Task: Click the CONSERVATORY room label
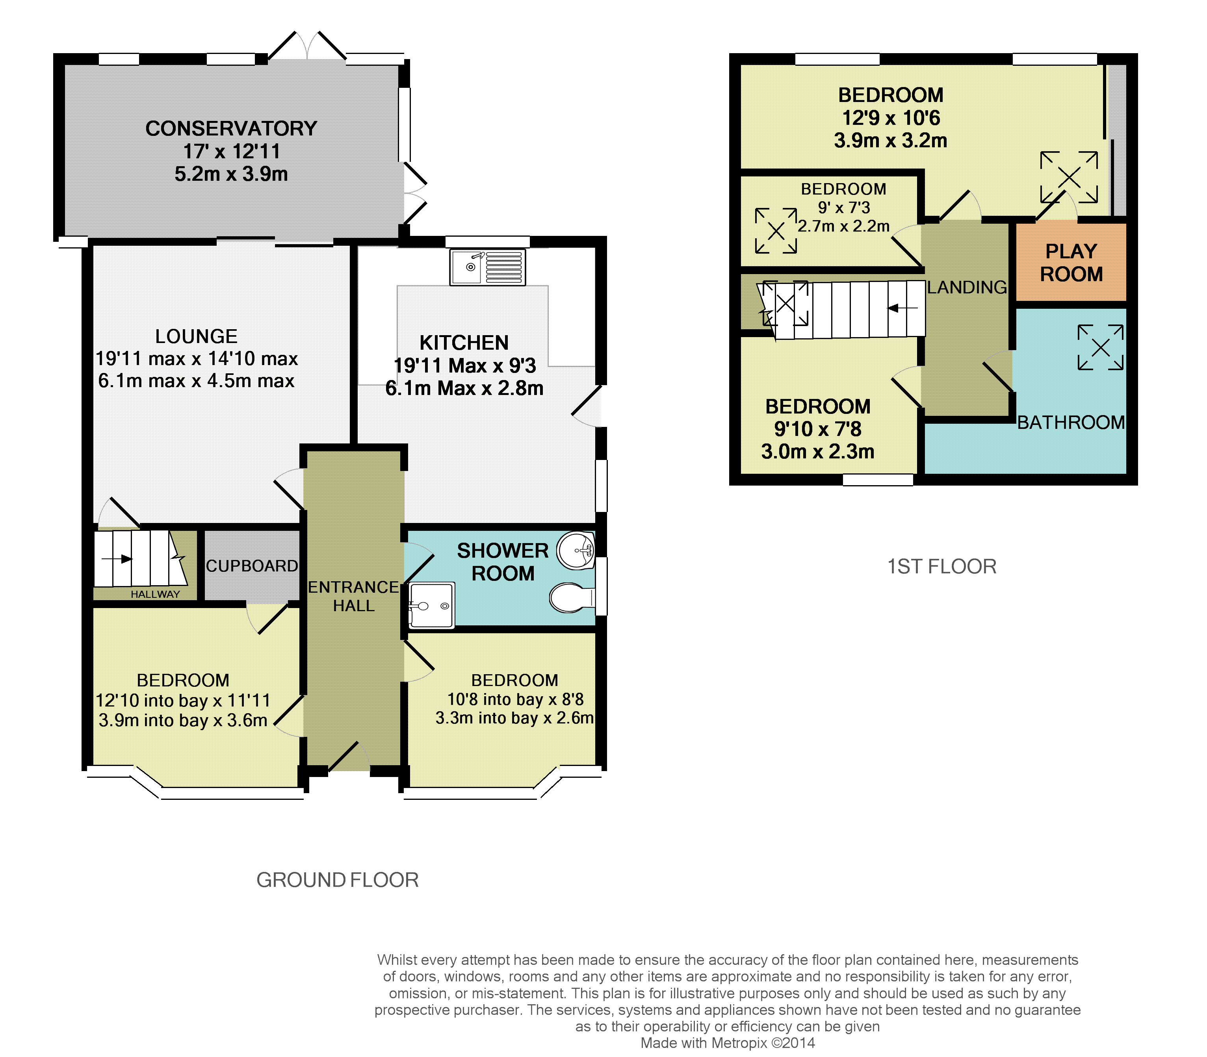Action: (x=231, y=129)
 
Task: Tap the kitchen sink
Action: (x=487, y=267)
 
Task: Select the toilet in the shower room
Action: (x=572, y=598)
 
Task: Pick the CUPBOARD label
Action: (x=252, y=566)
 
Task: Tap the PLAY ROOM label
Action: (x=1071, y=263)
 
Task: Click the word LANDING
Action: (x=967, y=287)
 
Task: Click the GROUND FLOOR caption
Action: (x=338, y=880)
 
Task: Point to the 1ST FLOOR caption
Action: (x=942, y=566)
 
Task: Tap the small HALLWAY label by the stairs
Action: (x=155, y=594)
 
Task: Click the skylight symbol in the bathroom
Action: (x=1101, y=347)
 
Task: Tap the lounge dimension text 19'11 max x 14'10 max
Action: (x=197, y=359)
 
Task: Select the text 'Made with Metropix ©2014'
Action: (x=727, y=1043)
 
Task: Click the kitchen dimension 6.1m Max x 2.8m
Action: (x=464, y=388)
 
